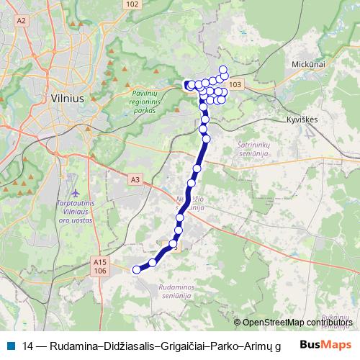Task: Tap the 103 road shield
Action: click(238, 85)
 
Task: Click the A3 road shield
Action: click(135, 179)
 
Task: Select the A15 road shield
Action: click(100, 263)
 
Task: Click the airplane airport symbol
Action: click(77, 194)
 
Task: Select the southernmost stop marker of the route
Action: click(136, 270)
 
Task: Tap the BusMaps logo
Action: click(325, 344)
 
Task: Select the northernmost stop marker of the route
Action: click(223, 70)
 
